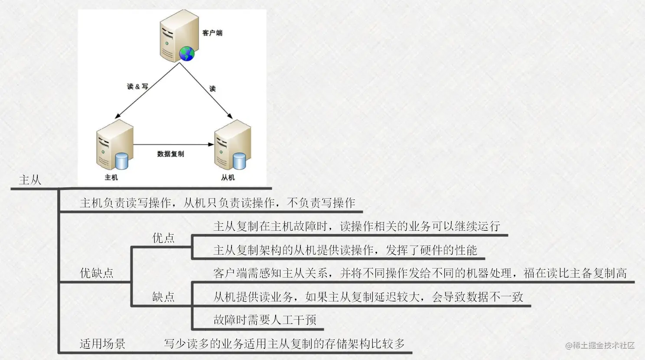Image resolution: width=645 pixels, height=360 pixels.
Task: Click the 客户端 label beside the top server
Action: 212,33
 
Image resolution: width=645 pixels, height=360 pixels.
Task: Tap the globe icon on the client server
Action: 187,54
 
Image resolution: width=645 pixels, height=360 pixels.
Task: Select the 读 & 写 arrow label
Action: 138,86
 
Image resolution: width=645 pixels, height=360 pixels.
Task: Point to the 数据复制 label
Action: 170,154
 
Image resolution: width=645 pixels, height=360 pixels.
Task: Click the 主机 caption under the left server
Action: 111,177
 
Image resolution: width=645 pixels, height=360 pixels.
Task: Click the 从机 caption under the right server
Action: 228,177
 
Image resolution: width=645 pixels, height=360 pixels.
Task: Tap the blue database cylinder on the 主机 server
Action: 121,161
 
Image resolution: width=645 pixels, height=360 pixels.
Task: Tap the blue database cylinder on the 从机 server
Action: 239,161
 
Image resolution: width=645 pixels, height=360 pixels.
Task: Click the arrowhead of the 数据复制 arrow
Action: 211,144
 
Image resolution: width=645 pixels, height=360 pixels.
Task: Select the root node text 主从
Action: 30,180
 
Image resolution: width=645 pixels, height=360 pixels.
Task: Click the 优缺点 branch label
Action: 97,273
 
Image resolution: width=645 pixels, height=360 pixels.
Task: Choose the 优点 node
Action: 163,238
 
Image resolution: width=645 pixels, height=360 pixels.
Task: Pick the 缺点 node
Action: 163,297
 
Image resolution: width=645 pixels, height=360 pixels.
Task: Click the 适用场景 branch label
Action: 102,344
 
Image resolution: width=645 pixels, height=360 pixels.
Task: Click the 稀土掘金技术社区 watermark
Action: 600,345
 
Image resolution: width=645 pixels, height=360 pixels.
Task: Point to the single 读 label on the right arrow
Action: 212,88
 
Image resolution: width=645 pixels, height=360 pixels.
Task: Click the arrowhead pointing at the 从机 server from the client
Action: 230,116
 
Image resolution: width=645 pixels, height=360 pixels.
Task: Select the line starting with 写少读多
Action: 284,344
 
